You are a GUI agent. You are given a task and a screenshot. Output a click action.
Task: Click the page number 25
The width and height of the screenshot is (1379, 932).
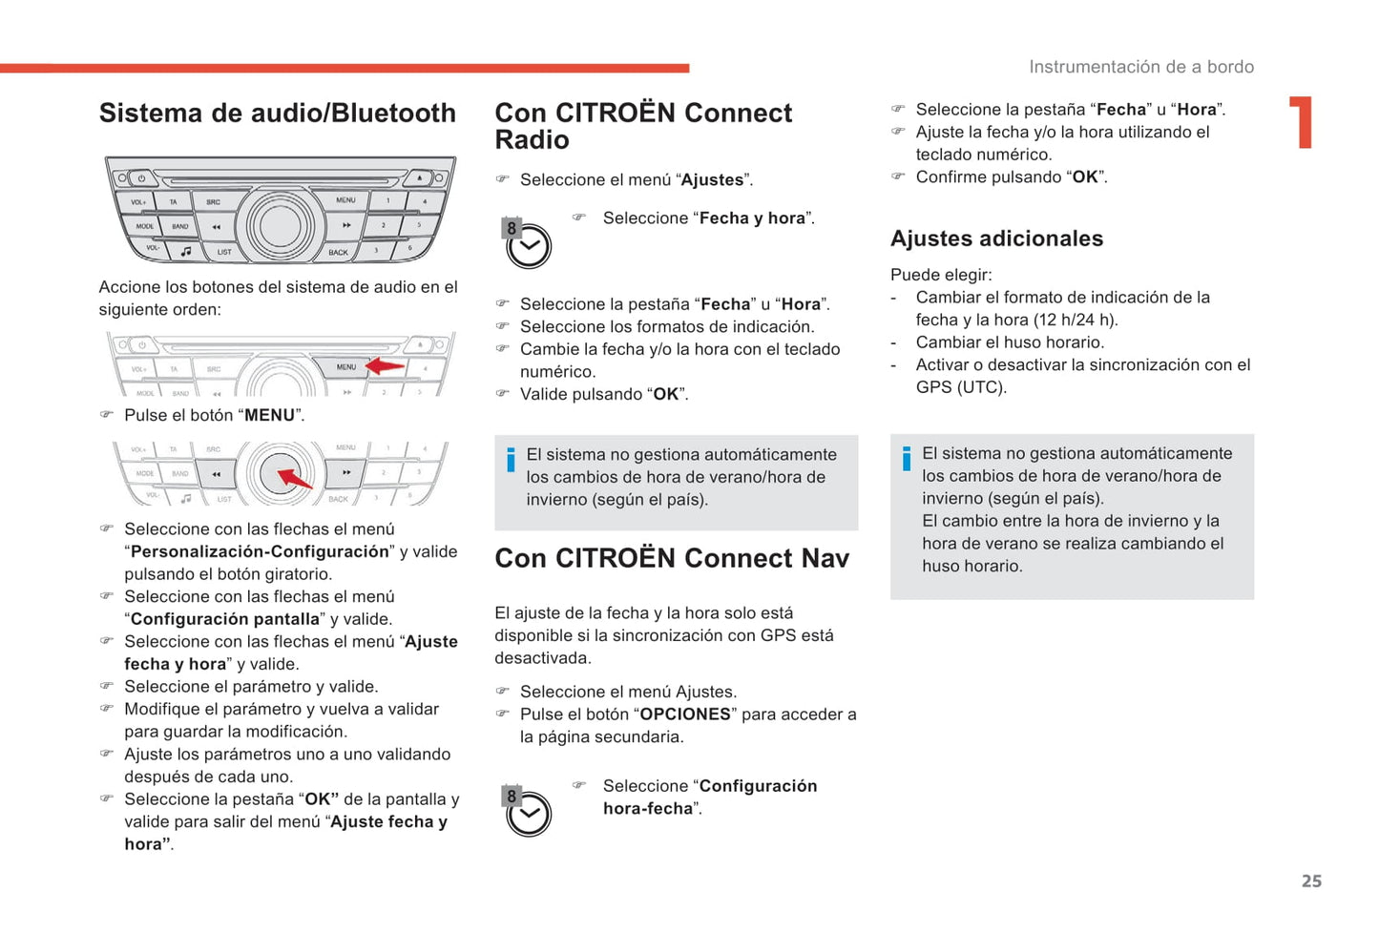[1311, 880]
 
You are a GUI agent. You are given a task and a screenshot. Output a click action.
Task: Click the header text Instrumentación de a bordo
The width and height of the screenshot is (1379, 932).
[1140, 67]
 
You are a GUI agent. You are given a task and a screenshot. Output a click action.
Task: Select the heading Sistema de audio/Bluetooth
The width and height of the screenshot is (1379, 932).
[278, 113]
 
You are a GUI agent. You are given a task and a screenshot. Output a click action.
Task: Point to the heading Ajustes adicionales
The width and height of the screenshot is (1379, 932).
[996, 238]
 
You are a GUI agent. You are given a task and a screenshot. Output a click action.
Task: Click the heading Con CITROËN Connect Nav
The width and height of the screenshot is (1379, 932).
[671, 558]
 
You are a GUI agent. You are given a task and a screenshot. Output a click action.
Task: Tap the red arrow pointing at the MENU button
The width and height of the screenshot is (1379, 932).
[386, 366]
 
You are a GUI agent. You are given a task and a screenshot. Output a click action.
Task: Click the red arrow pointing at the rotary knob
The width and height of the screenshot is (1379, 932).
[294, 477]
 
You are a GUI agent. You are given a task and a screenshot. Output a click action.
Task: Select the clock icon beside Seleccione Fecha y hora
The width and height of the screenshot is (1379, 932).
[527, 244]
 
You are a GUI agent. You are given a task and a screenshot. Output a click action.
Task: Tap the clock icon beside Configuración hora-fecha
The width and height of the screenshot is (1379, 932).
[527, 812]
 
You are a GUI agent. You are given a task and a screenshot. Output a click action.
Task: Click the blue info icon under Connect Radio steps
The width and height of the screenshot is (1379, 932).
[511, 460]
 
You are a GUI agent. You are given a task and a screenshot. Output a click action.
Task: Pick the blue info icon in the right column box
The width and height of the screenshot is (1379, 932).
[906, 459]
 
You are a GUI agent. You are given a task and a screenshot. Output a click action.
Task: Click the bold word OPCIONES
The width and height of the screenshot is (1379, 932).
[685, 715]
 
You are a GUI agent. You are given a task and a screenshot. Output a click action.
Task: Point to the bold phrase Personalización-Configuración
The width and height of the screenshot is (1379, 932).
[260, 551]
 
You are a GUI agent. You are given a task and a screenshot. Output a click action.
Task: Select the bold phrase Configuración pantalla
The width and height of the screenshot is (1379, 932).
[224, 619]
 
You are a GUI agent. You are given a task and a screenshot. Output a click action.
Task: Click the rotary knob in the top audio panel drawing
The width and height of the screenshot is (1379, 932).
[280, 225]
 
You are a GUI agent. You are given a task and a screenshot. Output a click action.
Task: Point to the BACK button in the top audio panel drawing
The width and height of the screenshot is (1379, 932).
[338, 252]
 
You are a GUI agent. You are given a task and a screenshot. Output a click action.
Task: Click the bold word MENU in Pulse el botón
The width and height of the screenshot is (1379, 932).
[270, 415]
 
